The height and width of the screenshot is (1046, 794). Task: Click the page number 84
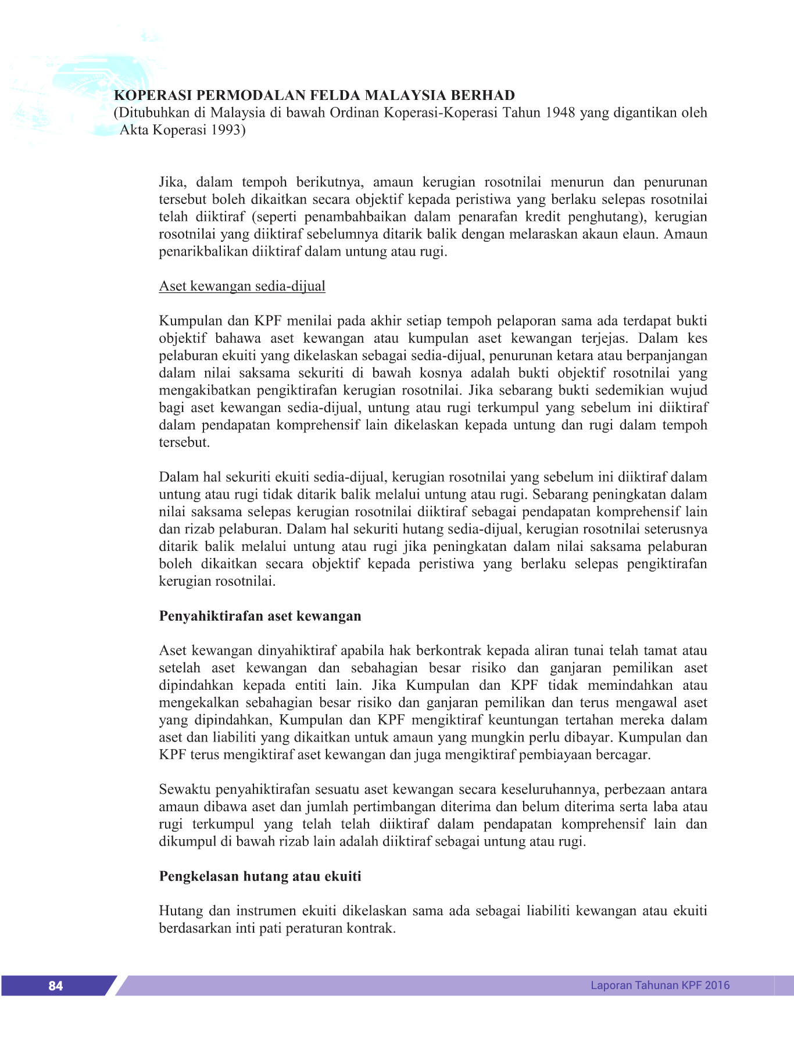pos(56,986)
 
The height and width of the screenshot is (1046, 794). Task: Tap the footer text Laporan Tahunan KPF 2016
pos(660,985)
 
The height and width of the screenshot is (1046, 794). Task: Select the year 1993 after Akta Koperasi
pos(226,130)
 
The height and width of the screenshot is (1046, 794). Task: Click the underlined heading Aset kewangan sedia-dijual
pos(242,286)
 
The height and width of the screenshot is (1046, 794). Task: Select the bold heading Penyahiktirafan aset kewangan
pos(260,616)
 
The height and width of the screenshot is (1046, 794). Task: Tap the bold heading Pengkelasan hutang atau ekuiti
pos(260,876)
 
